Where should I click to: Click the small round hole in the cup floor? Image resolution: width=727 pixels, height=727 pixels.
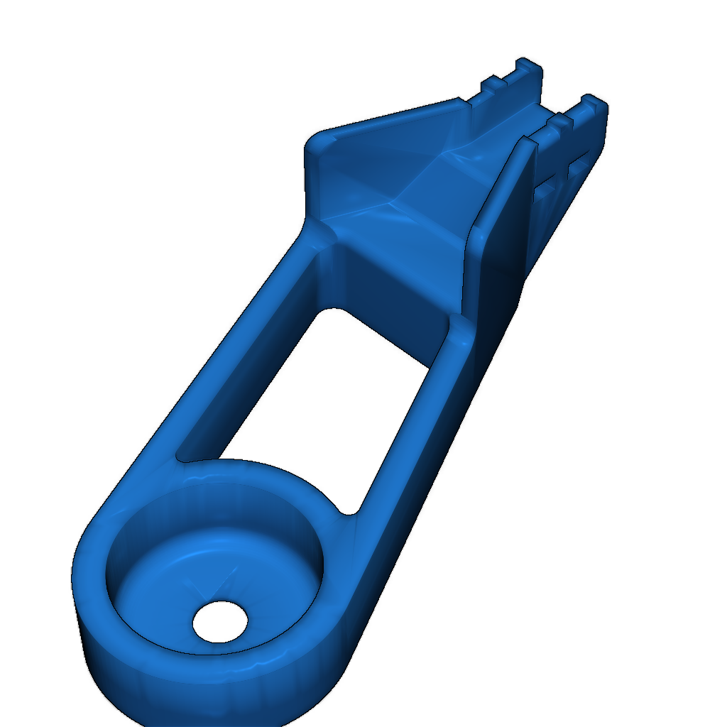(x=220, y=621)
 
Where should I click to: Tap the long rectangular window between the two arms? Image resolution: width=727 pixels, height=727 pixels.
(x=319, y=398)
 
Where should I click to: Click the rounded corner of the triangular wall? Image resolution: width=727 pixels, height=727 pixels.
(x=316, y=138)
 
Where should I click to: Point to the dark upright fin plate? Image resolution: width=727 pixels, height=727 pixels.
(x=501, y=227)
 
